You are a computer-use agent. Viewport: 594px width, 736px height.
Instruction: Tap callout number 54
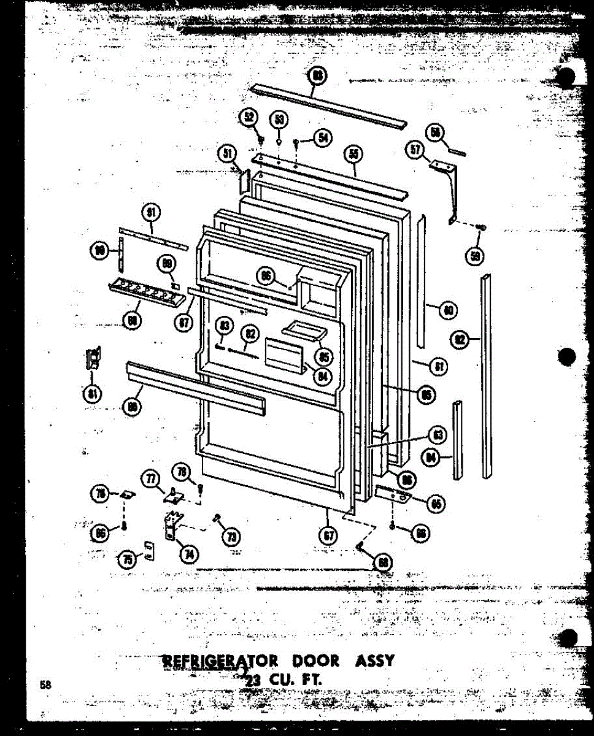[x=322, y=138]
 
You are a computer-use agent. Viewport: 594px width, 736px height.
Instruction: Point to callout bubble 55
[x=352, y=154]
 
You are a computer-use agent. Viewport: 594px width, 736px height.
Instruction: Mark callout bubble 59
[x=474, y=256]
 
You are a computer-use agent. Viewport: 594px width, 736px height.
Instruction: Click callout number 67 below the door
[x=329, y=535]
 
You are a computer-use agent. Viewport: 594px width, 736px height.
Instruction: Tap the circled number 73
[x=232, y=537]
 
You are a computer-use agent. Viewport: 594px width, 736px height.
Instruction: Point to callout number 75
[x=127, y=559]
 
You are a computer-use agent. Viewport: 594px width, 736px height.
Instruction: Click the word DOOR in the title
[x=315, y=661]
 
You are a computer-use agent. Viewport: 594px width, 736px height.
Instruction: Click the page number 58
[x=45, y=685]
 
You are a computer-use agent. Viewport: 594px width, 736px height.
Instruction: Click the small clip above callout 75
[x=148, y=545]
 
